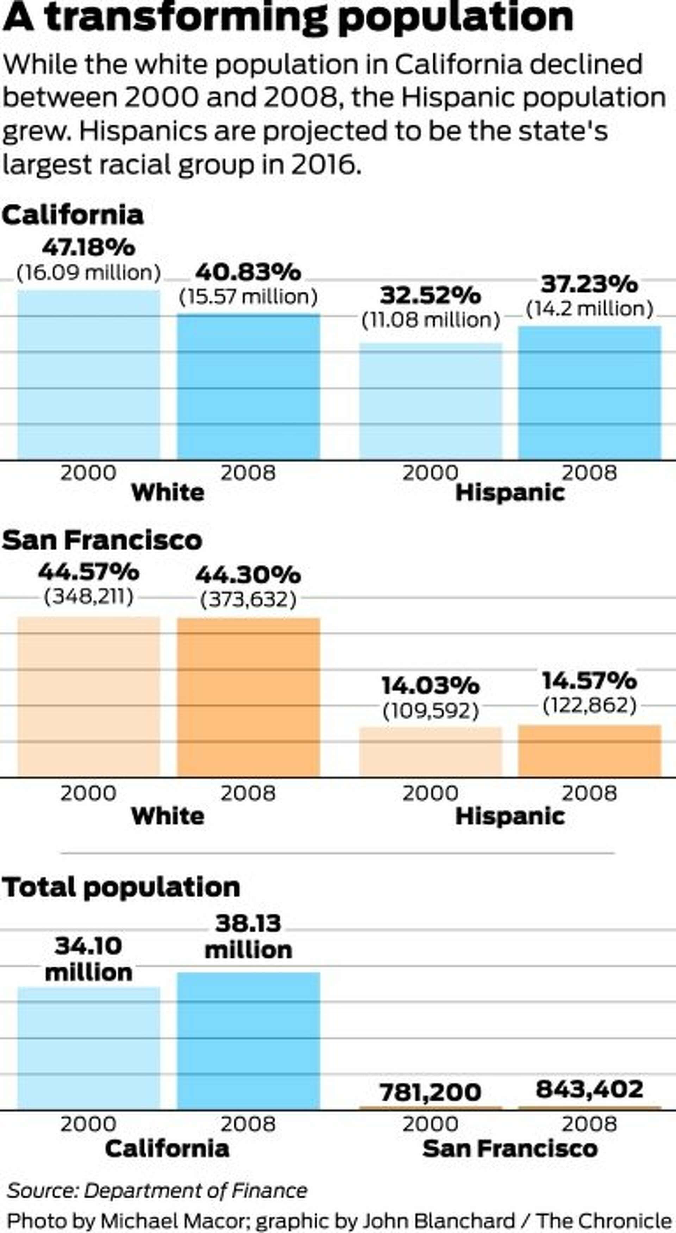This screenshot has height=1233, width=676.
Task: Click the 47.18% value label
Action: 88,247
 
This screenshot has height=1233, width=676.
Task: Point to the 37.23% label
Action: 589,284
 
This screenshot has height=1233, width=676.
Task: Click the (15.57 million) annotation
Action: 248,297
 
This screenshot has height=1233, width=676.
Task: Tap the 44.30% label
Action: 248,574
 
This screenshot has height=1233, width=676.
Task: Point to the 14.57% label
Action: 589,681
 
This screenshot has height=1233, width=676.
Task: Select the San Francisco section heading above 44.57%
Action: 102,540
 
